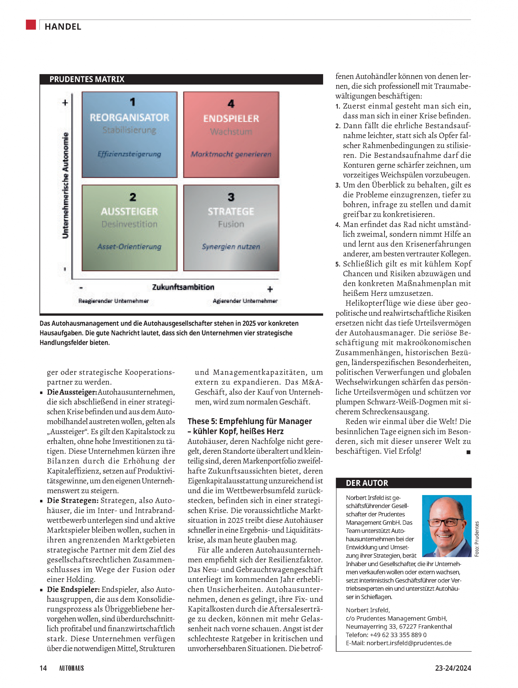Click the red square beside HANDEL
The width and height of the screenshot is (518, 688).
point(31,25)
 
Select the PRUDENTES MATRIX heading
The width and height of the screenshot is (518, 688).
point(87,79)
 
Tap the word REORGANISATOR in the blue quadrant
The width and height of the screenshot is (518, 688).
point(129,117)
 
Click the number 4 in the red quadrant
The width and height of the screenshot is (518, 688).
point(231,103)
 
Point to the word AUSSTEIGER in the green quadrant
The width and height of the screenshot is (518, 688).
point(129,212)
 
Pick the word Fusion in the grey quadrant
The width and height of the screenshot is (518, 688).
point(231,224)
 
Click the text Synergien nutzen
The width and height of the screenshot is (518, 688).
point(231,247)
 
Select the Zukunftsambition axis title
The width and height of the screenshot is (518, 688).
point(183,287)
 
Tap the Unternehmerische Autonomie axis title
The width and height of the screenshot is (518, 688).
point(65,186)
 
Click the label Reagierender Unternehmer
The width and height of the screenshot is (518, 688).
point(113,301)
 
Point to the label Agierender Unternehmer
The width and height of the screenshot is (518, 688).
point(245,301)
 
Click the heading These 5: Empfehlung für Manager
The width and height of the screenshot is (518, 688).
point(249,421)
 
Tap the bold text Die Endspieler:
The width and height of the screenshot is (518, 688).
point(73,589)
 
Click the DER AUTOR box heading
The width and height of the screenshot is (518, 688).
point(367,483)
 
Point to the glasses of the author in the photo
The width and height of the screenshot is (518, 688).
point(445,522)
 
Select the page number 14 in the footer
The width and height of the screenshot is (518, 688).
point(43,668)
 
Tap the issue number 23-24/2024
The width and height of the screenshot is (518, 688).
point(453,668)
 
